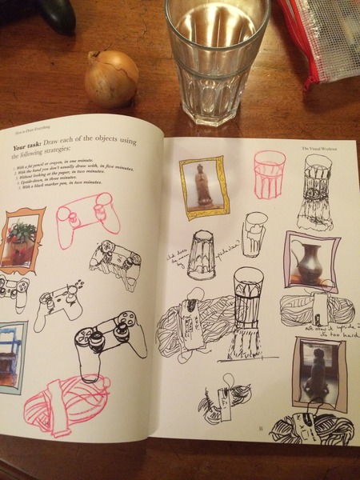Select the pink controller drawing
(x=87, y=215)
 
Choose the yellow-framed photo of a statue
(x=203, y=187)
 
